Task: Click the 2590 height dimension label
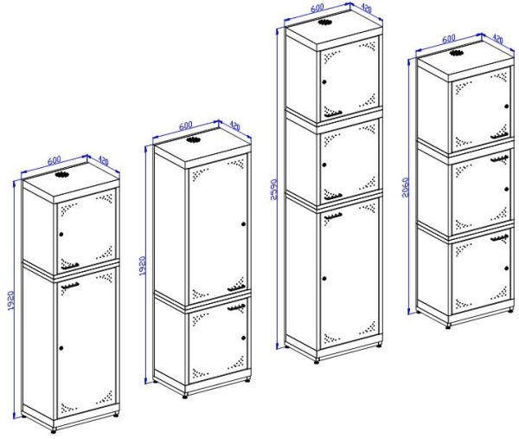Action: coord(273,190)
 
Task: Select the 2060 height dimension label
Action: coord(405,188)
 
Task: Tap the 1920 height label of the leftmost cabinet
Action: coord(10,300)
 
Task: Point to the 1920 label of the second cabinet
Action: coord(142,266)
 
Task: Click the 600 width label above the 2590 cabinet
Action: coord(317,8)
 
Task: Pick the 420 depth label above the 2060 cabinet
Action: coord(498,39)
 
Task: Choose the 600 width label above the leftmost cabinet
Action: coord(54,160)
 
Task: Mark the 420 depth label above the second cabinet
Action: coord(234,126)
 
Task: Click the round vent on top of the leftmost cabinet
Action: coord(61,175)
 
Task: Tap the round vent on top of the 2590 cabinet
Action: coord(324,23)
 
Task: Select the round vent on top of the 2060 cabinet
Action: coord(456,53)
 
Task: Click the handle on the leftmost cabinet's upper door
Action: coord(70,266)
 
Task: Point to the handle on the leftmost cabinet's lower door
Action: coord(70,286)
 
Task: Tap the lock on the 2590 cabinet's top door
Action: coord(324,82)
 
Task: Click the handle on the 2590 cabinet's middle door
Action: coord(333,197)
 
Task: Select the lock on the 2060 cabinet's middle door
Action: coord(506,189)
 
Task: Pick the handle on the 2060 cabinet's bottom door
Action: coord(499,238)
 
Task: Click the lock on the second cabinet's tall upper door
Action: coord(244,224)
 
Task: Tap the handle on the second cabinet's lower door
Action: coord(236,307)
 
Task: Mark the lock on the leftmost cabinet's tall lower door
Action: coord(61,348)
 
